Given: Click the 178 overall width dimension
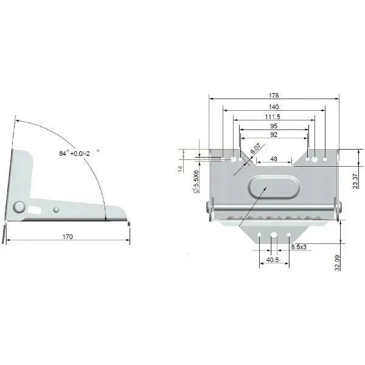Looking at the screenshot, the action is click(x=274, y=96).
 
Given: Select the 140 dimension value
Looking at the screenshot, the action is click(x=274, y=106).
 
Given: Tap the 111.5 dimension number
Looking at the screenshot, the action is click(x=273, y=117).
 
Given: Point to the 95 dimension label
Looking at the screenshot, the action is click(x=274, y=126).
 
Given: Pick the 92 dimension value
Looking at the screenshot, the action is click(x=274, y=134).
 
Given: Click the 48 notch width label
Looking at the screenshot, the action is click(x=274, y=159).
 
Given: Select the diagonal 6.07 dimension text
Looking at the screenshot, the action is click(x=255, y=148).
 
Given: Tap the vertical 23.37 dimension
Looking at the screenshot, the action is click(x=355, y=181).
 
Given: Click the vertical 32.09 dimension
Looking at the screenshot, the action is click(x=337, y=263).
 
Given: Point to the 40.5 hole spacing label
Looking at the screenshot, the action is click(x=273, y=260).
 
